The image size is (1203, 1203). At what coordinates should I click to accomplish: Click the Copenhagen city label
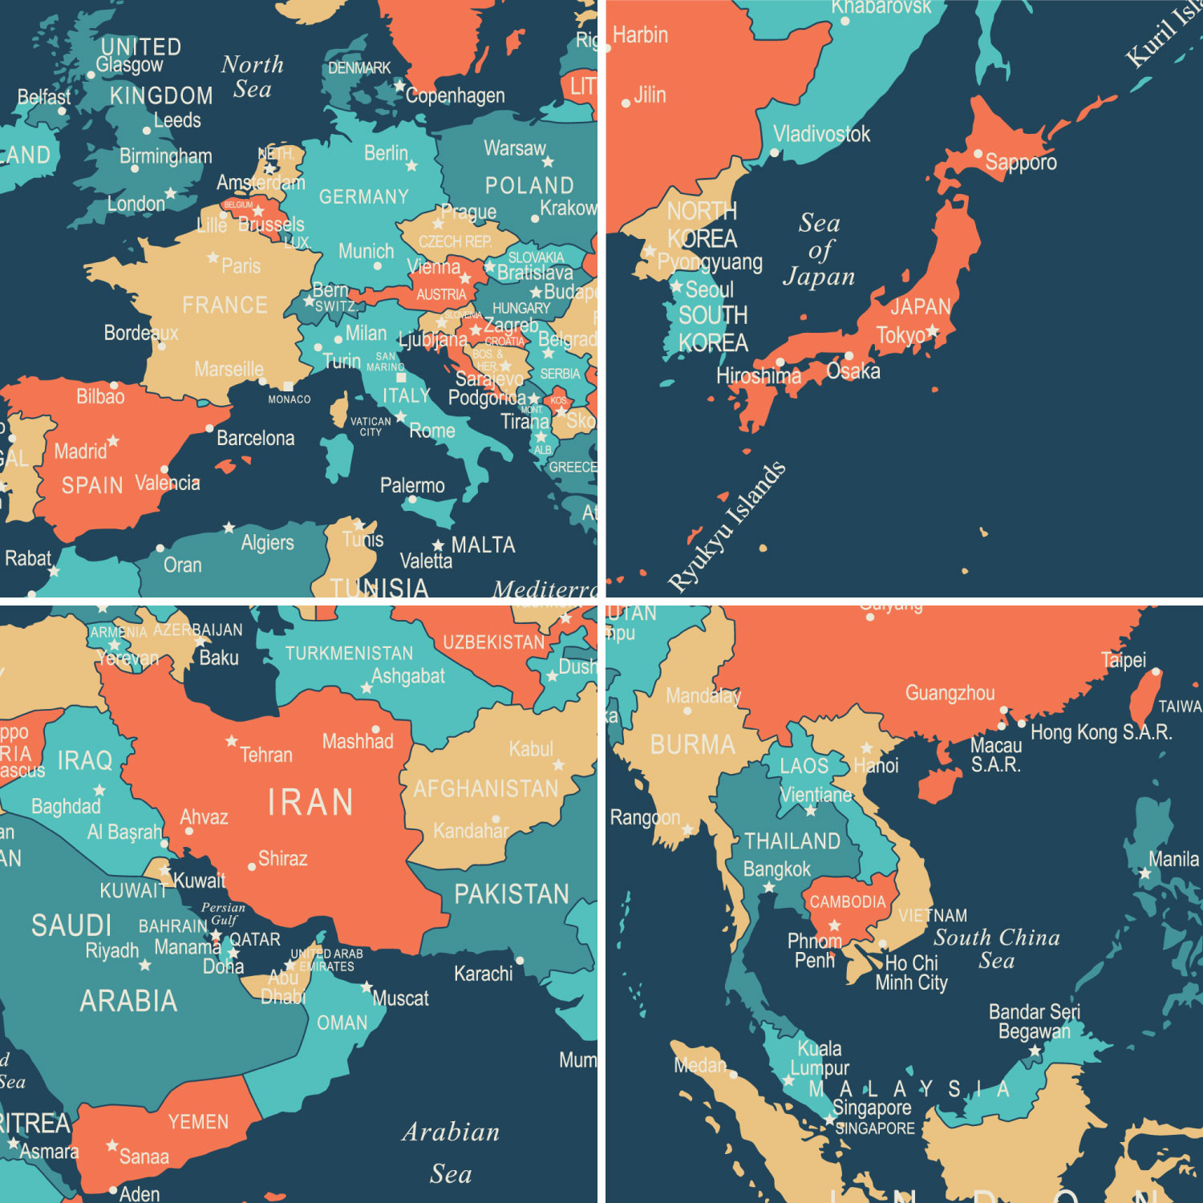click(455, 96)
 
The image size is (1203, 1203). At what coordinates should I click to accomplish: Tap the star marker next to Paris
click(213, 257)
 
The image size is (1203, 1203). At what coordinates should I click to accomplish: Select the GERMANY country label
click(363, 196)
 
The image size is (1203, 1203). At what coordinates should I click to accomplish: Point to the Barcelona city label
click(255, 438)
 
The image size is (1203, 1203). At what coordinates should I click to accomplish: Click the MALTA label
click(483, 545)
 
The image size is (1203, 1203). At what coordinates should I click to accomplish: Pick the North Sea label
click(252, 76)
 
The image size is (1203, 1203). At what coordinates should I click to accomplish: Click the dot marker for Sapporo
click(978, 153)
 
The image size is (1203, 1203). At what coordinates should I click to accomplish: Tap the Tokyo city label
click(900, 335)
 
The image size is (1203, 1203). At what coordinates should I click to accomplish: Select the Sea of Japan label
click(819, 249)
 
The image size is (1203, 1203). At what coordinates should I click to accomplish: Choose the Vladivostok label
click(821, 134)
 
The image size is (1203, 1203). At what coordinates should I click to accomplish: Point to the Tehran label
click(266, 755)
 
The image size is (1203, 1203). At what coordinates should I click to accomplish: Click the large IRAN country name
click(310, 802)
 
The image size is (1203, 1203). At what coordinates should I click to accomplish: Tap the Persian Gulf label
click(223, 913)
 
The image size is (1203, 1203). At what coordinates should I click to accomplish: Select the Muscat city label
click(400, 998)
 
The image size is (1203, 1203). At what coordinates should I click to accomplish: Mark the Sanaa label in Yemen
click(144, 1156)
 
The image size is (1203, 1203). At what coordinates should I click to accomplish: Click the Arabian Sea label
click(451, 1152)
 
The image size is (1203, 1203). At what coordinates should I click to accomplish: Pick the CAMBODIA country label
click(847, 902)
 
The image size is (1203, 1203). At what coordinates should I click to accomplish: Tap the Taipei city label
click(1123, 660)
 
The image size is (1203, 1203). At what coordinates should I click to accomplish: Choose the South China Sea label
click(997, 948)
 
